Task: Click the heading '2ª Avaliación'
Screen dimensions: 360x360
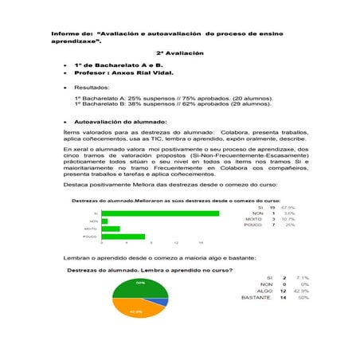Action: pos(181,53)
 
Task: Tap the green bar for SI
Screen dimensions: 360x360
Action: pos(160,213)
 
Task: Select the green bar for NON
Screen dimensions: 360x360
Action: pos(104,221)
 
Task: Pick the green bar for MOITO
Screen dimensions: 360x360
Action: pos(111,229)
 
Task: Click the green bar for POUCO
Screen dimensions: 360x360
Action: pos(123,237)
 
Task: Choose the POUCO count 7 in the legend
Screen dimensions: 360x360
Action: pos(273,225)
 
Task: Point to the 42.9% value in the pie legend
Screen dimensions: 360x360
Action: pos(301,291)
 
